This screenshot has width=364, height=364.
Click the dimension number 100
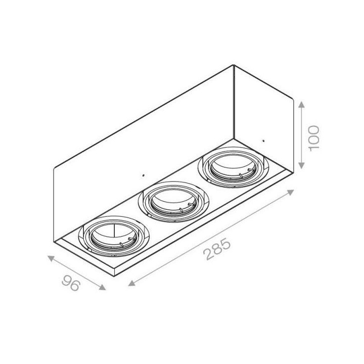point(314,139)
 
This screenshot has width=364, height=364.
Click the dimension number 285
point(217,250)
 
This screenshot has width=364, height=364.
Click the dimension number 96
point(71,283)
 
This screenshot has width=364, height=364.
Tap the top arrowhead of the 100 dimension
point(301,105)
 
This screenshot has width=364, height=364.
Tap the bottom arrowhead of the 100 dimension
point(301,165)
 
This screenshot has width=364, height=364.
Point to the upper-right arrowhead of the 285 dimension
point(291,193)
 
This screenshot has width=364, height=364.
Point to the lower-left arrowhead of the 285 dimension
point(131,283)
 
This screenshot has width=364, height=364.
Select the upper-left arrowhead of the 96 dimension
point(51,258)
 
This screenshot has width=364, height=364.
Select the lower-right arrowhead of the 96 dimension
point(102,287)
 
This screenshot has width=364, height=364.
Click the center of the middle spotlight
point(173,202)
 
